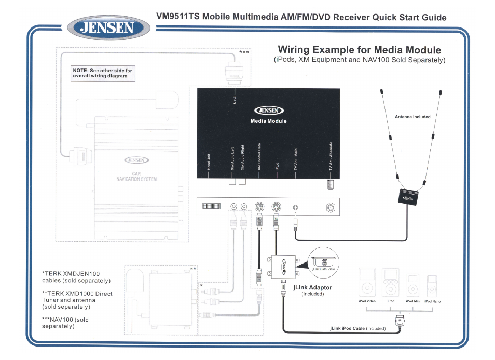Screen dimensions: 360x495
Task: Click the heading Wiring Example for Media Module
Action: [x=359, y=50]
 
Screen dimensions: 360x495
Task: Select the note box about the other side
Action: [x=103, y=73]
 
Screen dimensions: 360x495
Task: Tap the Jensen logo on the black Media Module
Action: [x=268, y=110]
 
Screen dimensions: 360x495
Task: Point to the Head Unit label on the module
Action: [x=209, y=161]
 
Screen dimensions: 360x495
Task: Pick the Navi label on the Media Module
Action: [x=235, y=99]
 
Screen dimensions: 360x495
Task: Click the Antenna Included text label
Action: [x=412, y=117]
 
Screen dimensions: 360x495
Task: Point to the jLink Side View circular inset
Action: [x=323, y=261]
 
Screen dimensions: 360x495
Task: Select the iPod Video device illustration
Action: [x=367, y=283]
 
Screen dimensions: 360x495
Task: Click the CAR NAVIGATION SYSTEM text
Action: [x=136, y=176]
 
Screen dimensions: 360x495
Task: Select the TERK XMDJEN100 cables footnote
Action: [x=76, y=277]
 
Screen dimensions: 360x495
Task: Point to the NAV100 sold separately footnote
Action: [x=65, y=323]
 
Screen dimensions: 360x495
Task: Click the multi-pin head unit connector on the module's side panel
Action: [x=212, y=206]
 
